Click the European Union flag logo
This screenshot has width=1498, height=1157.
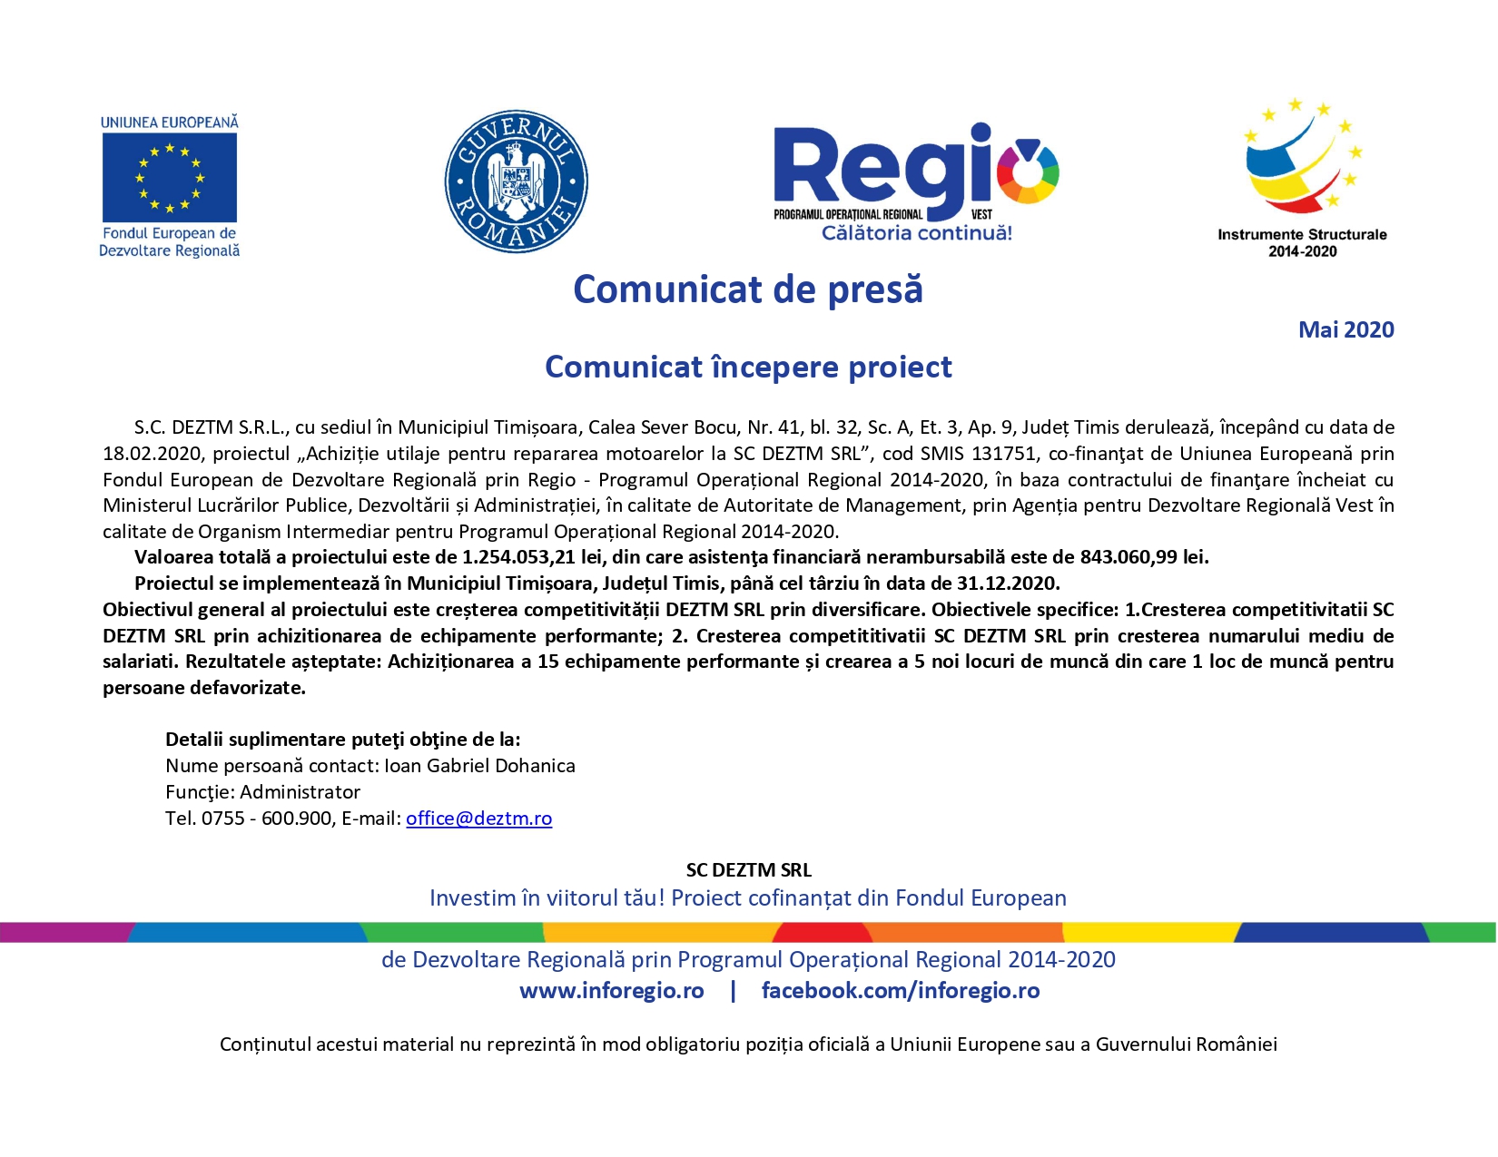click(x=170, y=178)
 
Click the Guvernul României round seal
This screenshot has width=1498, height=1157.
click(x=516, y=181)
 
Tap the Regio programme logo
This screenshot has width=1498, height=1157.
click(x=915, y=172)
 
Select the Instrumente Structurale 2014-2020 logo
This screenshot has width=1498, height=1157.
click(x=1302, y=177)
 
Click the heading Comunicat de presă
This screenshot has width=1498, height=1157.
click(x=748, y=290)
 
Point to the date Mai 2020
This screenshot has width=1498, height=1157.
click(x=1345, y=330)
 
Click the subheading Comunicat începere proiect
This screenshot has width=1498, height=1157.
click(x=748, y=368)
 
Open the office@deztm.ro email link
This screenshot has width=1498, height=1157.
click(x=478, y=819)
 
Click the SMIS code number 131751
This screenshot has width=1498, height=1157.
click(x=1003, y=454)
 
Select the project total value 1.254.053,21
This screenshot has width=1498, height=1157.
click(x=518, y=557)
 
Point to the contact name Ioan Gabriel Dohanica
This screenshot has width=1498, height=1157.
click(x=479, y=766)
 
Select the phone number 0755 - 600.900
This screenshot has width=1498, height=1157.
click(x=267, y=819)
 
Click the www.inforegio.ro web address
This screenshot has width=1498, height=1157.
click(x=611, y=991)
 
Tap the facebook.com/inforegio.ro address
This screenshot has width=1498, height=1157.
click(x=900, y=991)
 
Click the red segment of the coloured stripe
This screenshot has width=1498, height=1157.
click(x=823, y=933)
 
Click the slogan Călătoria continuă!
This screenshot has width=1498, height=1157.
click(x=916, y=233)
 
